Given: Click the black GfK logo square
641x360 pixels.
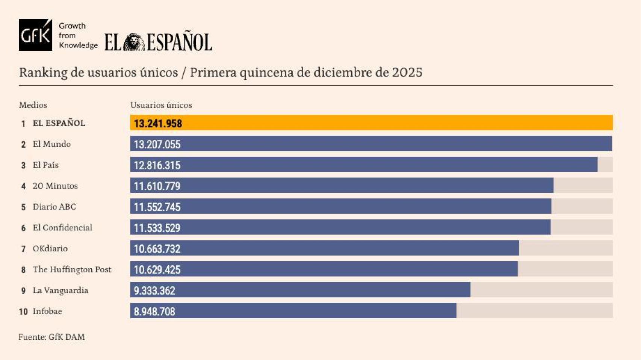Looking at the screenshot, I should pyautogui.click(x=35, y=35).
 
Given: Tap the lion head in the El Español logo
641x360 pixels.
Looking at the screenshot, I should pyautogui.click(x=134, y=42).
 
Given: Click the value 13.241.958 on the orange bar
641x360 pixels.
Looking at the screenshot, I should pyautogui.click(x=158, y=124).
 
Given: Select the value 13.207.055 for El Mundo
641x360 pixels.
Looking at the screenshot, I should pyautogui.click(x=157, y=144).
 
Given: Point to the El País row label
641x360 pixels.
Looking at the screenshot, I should pyautogui.click(x=45, y=165).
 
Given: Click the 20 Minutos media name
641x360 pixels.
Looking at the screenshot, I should pyautogui.click(x=55, y=186).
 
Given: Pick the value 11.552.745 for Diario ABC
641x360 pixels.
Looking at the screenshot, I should pyautogui.click(x=157, y=207).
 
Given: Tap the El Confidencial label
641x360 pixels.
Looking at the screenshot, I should pyautogui.click(x=62, y=228).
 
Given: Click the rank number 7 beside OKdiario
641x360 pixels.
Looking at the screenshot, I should pyautogui.click(x=23, y=249).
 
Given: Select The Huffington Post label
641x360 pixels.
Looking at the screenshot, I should pyautogui.click(x=72, y=269).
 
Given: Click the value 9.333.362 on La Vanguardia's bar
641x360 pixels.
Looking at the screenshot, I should pyautogui.click(x=154, y=290).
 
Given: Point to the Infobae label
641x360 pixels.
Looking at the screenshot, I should pyautogui.click(x=47, y=311).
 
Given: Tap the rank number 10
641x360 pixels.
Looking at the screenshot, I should pyautogui.click(x=23, y=312).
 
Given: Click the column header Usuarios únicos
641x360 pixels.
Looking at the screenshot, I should pyautogui.click(x=161, y=105).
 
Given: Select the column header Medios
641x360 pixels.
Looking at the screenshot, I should pyautogui.click(x=33, y=105).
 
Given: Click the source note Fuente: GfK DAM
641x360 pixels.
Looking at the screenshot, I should pyautogui.click(x=51, y=337).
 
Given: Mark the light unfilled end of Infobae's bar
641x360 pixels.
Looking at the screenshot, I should pyautogui.click(x=534, y=311).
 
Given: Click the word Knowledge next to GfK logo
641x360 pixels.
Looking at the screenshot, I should pyautogui.click(x=78, y=45).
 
